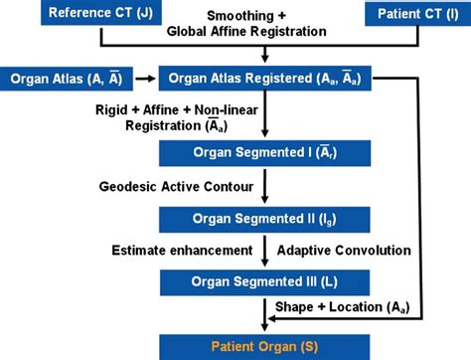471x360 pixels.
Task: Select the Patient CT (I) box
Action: (416, 14)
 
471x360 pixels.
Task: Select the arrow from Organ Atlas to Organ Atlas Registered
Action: (143, 77)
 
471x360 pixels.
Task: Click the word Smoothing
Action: (235, 16)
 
